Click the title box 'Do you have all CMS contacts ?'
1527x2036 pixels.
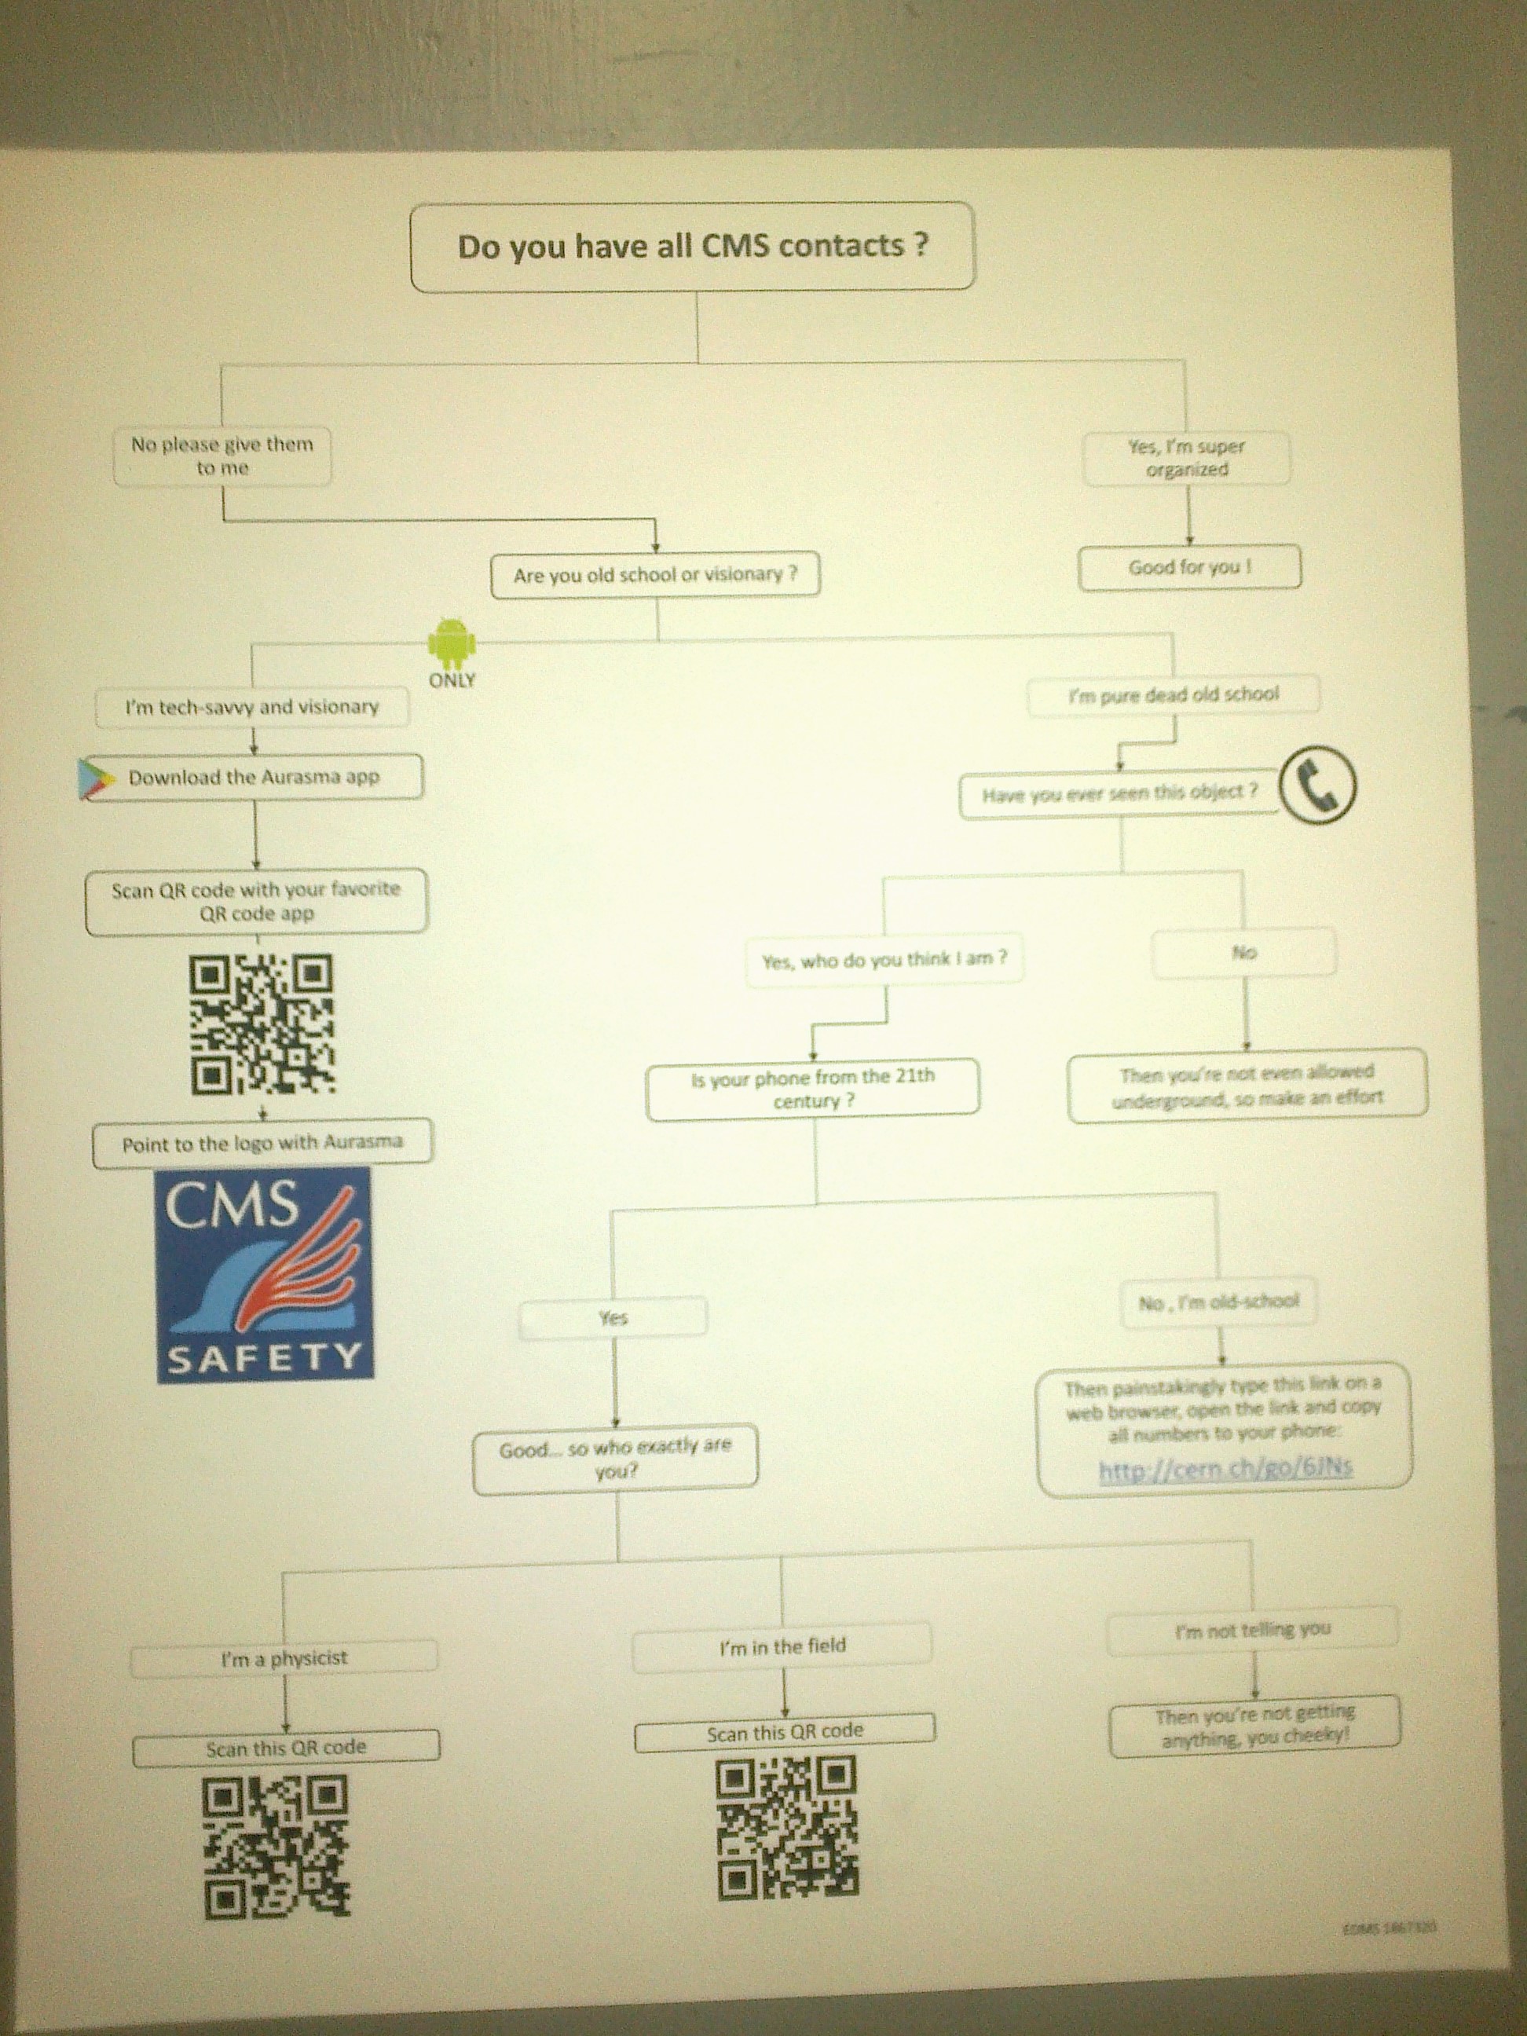(x=692, y=247)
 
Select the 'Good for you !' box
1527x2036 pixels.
(x=1189, y=567)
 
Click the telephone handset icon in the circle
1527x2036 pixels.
(x=1319, y=785)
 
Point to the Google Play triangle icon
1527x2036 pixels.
(x=97, y=778)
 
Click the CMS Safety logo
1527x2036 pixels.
(x=265, y=1275)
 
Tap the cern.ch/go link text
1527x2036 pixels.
(x=1225, y=1467)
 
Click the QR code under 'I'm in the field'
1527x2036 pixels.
(x=786, y=1827)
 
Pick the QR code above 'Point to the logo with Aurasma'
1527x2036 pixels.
(x=262, y=1024)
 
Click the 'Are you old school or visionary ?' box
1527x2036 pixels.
(x=654, y=575)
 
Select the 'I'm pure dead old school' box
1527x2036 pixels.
(x=1173, y=695)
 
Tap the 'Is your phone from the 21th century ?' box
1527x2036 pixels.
(x=813, y=1089)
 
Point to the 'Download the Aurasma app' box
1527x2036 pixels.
(x=254, y=778)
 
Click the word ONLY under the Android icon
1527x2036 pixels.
(x=452, y=681)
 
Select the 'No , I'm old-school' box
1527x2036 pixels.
(x=1218, y=1302)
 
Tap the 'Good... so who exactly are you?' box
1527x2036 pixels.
(x=615, y=1459)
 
